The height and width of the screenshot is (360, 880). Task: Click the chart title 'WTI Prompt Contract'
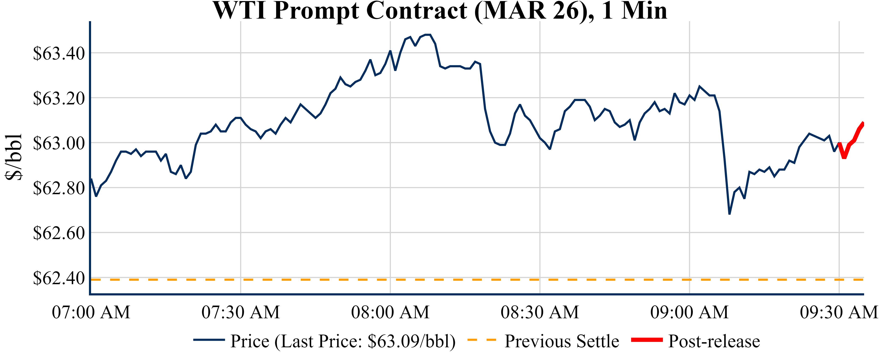[x=440, y=11]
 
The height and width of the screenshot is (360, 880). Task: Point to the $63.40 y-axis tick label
[x=59, y=54]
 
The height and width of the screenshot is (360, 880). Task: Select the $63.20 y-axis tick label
[x=59, y=99]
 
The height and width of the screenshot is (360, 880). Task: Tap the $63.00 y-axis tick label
[x=59, y=143]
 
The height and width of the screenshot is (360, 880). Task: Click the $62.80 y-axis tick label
[x=59, y=188]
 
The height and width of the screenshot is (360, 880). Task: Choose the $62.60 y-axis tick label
[x=59, y=233]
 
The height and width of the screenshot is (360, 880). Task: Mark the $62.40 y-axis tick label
[x=59, y=278]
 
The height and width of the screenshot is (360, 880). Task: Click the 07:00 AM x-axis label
[x=91, y=312]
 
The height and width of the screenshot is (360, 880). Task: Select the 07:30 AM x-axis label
[x=241, y=312]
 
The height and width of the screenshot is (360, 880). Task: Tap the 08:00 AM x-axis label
[x=390, y=312]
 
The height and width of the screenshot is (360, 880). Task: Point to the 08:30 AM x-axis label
[x=540, y=312]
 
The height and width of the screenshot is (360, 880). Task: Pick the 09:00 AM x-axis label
[x=689, y=312]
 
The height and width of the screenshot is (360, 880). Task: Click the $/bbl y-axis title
[x=14, y=156]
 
